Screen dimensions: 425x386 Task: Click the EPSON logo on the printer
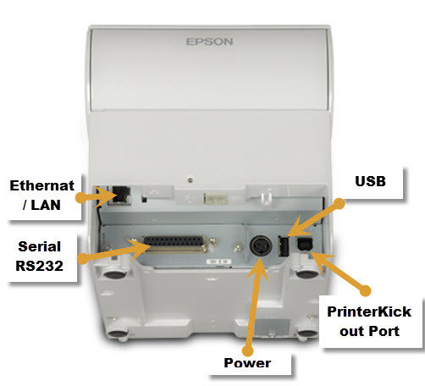209,41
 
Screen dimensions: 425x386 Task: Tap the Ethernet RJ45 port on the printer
119,195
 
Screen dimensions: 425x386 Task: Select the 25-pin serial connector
174,244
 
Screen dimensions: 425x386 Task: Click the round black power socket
261,245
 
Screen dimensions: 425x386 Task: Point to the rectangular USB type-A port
284,245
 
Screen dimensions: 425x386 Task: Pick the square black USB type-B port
304,244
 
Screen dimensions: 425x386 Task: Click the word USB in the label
370,181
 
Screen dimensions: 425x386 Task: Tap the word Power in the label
247,363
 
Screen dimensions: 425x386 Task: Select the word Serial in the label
40,246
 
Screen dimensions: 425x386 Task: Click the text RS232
40,266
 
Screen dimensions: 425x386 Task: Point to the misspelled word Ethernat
42,185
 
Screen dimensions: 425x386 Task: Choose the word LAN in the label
46,205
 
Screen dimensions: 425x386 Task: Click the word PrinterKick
369,312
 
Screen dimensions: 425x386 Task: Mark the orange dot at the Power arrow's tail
248,350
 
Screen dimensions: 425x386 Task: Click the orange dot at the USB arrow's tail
339,204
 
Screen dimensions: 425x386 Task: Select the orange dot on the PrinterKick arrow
365,290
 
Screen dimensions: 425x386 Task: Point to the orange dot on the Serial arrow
83,259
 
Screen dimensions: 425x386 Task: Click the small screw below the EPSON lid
190,179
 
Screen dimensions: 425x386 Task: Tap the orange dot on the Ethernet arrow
80,197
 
